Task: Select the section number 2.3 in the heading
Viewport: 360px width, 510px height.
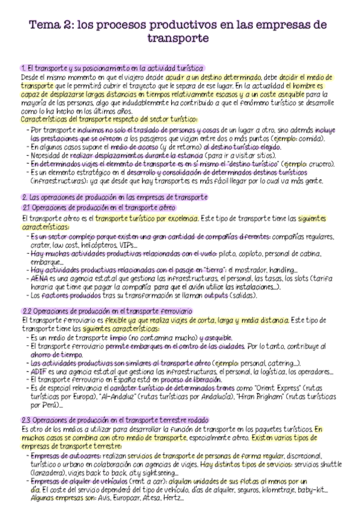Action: click(27, 420)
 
